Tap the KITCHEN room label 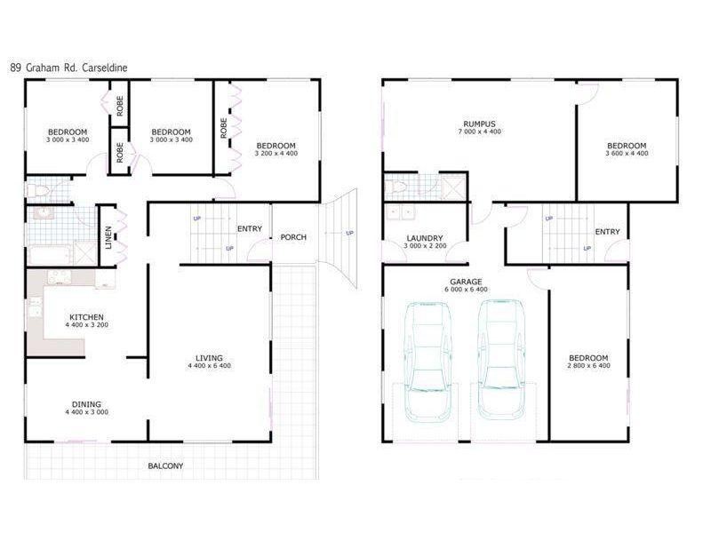pyautogui.click(x=86, y=317)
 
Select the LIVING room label pyautogui.click(x=210, y=358)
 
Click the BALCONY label pyautogui.click(x=165, y=465)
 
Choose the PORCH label pyautogui.click(x=293, y=237)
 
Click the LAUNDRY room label pyautogui.click(x=424, y=238)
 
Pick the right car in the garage pyautogui.click(x=498, y=358)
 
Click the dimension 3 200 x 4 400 pyautogui.click(x=276, y=154)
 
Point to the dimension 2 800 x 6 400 pyautogui.click(x=587, y=366)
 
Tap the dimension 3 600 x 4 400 pyautogui.click(x=627, y=154)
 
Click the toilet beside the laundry pyautogui.click(x=397, y=187)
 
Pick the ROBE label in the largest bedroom pyautogui.click(x=223, y=129)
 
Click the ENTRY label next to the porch pyautogui.click(x=249, y=229)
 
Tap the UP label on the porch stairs pyautogui.click(x=349, y=234)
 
